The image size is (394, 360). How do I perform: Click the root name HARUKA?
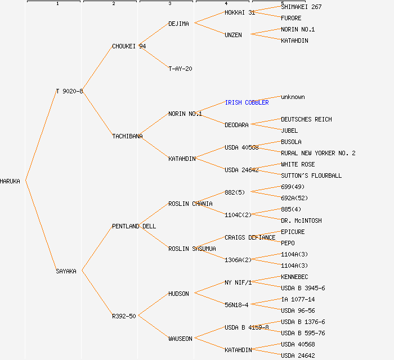[10, 181]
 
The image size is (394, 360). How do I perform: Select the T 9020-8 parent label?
[69, 91]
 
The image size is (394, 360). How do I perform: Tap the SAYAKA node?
[66, 271]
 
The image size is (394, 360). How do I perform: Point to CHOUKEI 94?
[129, 46]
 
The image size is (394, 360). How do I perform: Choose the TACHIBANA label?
[127, 136]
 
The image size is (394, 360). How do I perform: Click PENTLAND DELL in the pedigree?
[134, 226]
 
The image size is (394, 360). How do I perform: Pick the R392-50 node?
[124, 316]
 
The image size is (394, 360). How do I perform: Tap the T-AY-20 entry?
[180, 69]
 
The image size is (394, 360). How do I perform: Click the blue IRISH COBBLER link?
[247, 102]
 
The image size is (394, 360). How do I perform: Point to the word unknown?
[293, 97]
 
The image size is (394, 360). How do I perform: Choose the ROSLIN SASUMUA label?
[192, 249]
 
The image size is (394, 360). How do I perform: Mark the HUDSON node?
[178, 294]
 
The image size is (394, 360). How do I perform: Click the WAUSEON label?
[180, 339]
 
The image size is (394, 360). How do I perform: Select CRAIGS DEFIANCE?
[250, 237]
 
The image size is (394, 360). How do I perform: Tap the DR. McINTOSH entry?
[301, 220]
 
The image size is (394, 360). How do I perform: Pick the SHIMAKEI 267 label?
[301, 7]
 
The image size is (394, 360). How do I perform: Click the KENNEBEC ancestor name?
[294, 277]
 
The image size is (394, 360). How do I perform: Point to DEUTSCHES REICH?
[306, 119]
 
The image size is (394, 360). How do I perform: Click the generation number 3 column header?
[169, 4]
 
